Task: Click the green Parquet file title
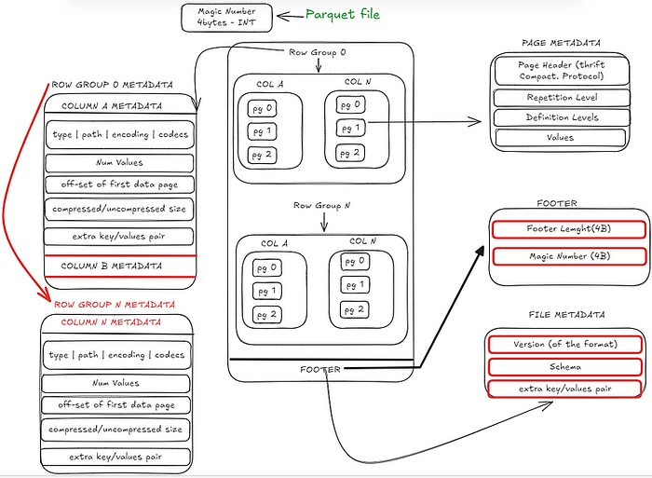click(x=343, y=15)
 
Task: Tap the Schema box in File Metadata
click(x=564, y=367)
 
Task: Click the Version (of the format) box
click(x=564, y=344)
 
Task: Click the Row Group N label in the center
click(x=319, y=206)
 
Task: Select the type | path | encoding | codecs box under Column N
click(x=117, y=355)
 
